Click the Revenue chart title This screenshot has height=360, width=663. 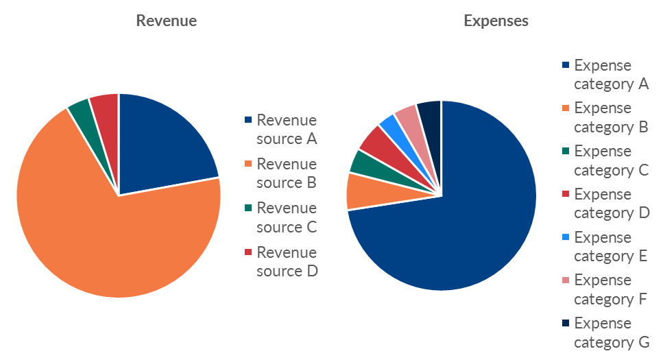166,21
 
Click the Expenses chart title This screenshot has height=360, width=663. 496,21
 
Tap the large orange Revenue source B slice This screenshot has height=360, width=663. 110,240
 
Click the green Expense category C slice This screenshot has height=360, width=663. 361,163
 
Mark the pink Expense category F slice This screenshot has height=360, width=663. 407,115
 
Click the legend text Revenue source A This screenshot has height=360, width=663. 287,130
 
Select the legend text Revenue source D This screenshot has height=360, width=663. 287,261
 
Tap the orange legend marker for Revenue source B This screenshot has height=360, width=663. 248,165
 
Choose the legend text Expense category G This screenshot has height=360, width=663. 611,333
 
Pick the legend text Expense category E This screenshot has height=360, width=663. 611,247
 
